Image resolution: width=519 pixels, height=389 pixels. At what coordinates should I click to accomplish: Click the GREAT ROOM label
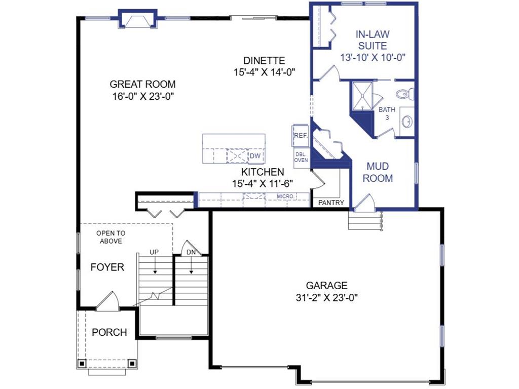click(142, 85)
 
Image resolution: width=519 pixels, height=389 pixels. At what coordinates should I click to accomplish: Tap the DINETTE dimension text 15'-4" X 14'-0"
click(264, 72)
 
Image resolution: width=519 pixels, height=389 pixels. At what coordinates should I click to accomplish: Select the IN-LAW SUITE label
click(373, 40)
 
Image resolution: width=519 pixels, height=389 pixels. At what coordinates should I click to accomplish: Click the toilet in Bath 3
click(405, 94)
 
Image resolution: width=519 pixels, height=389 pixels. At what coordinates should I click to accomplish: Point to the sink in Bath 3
click(407, 122)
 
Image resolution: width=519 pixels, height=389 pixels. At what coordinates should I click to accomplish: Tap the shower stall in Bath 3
click(362, 96)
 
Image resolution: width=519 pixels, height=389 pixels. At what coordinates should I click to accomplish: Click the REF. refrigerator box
click(301, 135)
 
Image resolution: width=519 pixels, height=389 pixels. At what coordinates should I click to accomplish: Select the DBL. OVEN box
click(301, 158)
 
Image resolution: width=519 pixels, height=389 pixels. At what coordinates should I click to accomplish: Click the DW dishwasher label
click(255, 156)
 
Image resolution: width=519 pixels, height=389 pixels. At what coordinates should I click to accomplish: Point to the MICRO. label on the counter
click(285, 197)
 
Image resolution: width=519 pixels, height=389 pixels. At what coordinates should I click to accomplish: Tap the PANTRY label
click(331, 203)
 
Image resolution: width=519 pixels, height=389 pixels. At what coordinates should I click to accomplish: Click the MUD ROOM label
click(378, 172)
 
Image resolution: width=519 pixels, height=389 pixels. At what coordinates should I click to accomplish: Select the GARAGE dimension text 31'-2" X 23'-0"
click(327, 298)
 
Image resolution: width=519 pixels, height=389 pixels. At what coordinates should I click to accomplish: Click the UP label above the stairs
click(154, 252)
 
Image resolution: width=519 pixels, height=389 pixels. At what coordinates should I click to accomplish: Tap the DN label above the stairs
click(191, 252)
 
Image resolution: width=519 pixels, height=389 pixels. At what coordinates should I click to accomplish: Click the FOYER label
click(107, 267)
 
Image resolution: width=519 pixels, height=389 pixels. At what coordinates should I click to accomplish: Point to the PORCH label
click(109, 332)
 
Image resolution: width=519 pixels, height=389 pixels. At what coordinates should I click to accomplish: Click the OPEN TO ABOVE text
click(111, 237)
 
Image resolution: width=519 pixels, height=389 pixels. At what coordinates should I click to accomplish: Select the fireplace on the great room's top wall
click(138, 19)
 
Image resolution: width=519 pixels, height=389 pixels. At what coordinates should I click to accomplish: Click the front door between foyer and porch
click(107, 302)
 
